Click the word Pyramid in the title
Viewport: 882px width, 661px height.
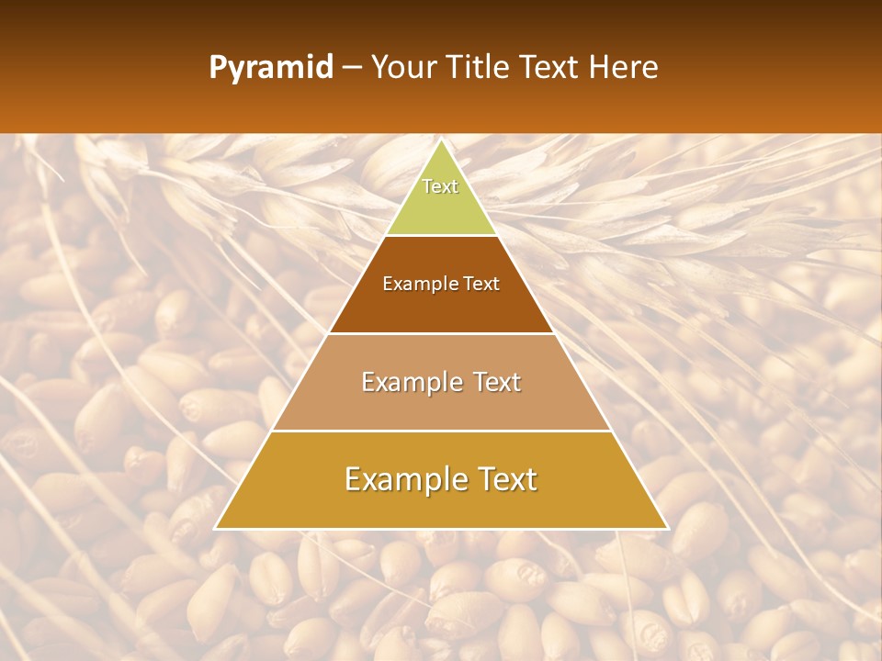tap(271, 67)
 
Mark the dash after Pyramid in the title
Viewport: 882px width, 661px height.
tap(352, 68)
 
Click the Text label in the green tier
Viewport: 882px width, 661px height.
tap(440, 186)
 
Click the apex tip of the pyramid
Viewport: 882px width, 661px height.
tap(442, 140)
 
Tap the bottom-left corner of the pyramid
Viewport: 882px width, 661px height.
tap(216, 528)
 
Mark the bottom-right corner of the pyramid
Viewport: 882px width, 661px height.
tap(667, 528)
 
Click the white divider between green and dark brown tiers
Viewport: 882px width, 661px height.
tap(441, 236)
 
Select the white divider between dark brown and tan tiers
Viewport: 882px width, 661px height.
tap(441, 333)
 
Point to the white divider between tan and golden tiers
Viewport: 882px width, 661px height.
tap(441, 431)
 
